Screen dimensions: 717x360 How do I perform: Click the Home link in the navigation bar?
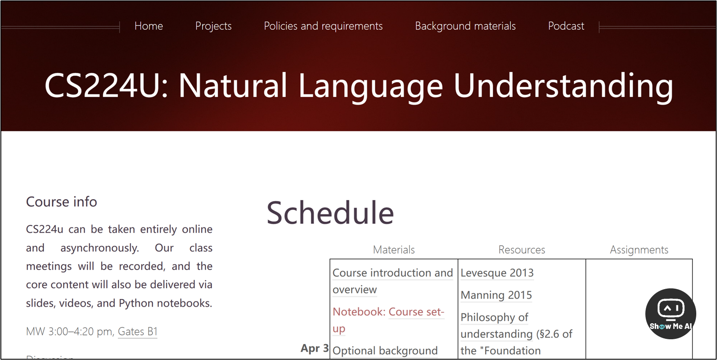click(x=149, y=26)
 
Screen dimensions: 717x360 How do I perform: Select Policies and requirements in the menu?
click(x=323, y=26)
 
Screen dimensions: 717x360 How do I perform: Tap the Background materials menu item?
click(x=465, y=26)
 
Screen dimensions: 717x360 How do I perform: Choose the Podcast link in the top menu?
click(x=566, y=26)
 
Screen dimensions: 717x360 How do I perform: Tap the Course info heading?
click(x=61, y=202)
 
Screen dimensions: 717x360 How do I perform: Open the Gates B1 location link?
click(x=138, y=331)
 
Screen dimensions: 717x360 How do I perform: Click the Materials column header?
click(x=394, y=249)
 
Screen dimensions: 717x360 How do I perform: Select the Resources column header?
click(x=522, y=249)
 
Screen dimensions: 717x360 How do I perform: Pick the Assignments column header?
click(x=639, y=250)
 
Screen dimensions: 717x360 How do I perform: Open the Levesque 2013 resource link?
click(x=497, y=273)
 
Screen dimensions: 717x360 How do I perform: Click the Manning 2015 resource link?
click(x=496, y=295)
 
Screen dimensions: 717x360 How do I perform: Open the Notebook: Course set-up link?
click(x=388, y=320)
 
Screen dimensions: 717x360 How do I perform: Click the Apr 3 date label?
click(x=314, y=348)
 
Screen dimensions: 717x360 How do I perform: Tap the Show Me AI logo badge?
click(x=671, y=314)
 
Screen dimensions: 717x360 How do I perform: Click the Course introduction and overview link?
click(x=393, y=281)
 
